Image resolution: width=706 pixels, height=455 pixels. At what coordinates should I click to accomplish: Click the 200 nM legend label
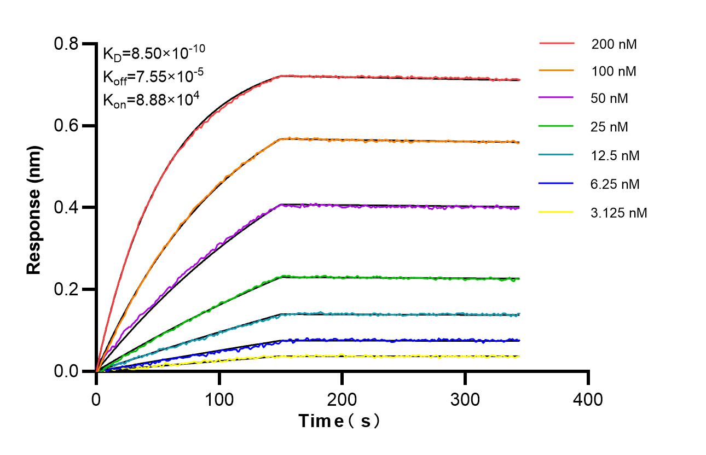614,44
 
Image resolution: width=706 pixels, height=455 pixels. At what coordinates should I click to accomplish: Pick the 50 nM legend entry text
610,99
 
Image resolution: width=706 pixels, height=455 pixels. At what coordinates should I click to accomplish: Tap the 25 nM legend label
610,127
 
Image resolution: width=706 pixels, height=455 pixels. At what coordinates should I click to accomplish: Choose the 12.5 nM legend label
615,156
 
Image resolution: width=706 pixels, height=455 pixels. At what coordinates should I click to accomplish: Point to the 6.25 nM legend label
615,184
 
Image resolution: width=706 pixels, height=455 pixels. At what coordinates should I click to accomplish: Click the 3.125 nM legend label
619,213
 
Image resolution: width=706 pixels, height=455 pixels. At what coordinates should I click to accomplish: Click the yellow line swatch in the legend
557,212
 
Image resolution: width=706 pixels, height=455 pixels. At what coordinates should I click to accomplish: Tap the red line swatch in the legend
557,43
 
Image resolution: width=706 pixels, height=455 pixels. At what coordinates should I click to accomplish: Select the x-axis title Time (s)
339,421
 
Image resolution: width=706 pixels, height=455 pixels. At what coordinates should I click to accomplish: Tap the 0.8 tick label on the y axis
67,43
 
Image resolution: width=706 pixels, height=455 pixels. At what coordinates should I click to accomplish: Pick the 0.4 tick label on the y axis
67,207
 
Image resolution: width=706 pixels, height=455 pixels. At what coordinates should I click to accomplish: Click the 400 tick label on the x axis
588,399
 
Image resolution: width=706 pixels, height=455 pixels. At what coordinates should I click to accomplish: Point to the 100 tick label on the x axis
219,399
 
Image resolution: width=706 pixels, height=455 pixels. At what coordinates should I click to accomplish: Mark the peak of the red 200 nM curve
281,76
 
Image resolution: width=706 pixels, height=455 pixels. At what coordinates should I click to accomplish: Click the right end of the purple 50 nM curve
519,208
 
